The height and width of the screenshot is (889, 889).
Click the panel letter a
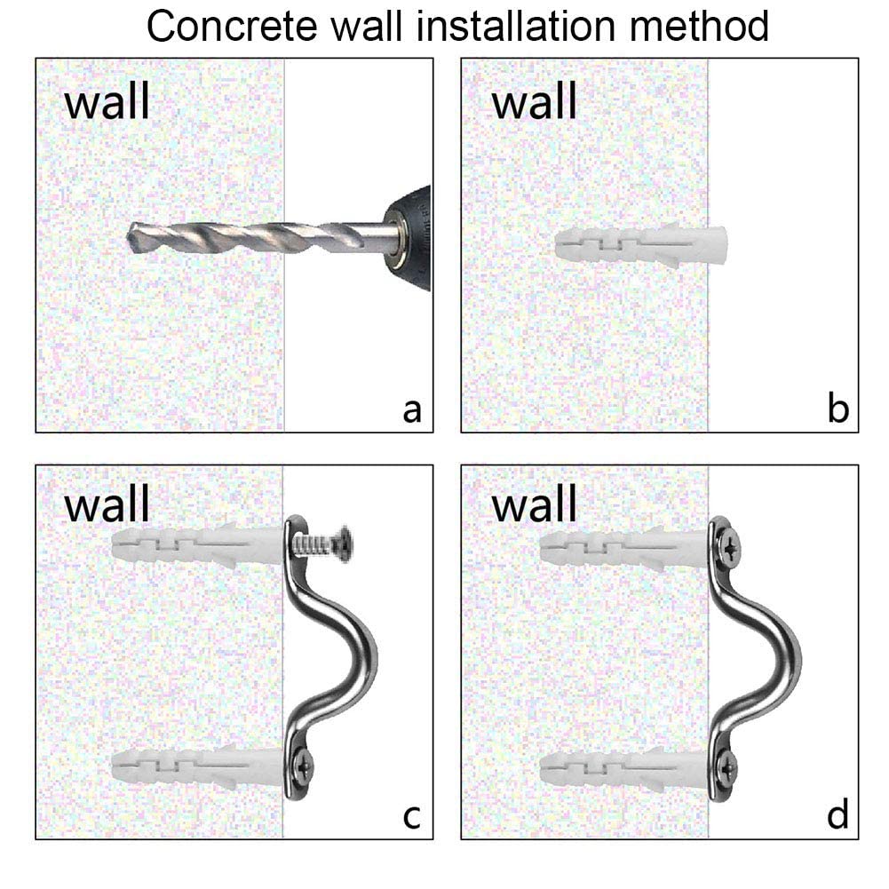[411, 410]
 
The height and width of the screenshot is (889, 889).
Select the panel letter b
[837, 410]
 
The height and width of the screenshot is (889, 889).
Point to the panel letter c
[411, 815]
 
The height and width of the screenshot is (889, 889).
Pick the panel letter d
[837, 815]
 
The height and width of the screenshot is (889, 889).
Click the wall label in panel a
[107, 102]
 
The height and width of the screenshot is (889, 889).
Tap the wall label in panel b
[534, 102]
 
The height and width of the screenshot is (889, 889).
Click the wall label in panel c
[107, 505]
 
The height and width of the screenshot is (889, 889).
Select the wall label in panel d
[534, 505]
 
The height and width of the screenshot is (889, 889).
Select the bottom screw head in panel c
[305, 761]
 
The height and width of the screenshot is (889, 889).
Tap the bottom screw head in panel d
[730, 764]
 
